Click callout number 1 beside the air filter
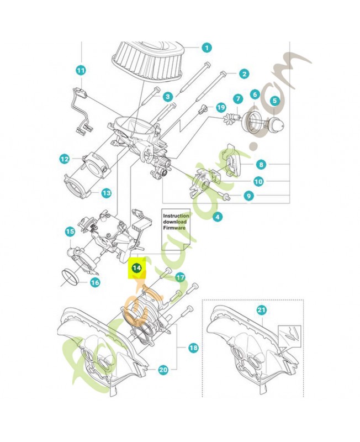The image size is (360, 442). pyautogui.click(x=207, y=48)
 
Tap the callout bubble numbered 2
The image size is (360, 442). pyautogui.click(x=243, y=73)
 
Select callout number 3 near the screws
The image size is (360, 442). pyautogui.click(x=167, y=96)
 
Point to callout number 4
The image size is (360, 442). pyautogui.click(x=218, y=217)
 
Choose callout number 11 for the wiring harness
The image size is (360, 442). pyautogui.click(x=81, y=70)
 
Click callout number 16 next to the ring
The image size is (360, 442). pyautogui.click(x=95, y=282)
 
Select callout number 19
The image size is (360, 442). pyautogui.click(x=221, y=107)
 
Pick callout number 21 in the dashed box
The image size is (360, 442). pyautogui.click(x=261, y=311)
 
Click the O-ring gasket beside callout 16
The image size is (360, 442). pyautogui.click(x=69, y=277)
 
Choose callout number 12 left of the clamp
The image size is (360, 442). pyautogui.click(x=65, y=159)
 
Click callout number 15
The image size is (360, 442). pyautogui.click(x=70, y=231)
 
